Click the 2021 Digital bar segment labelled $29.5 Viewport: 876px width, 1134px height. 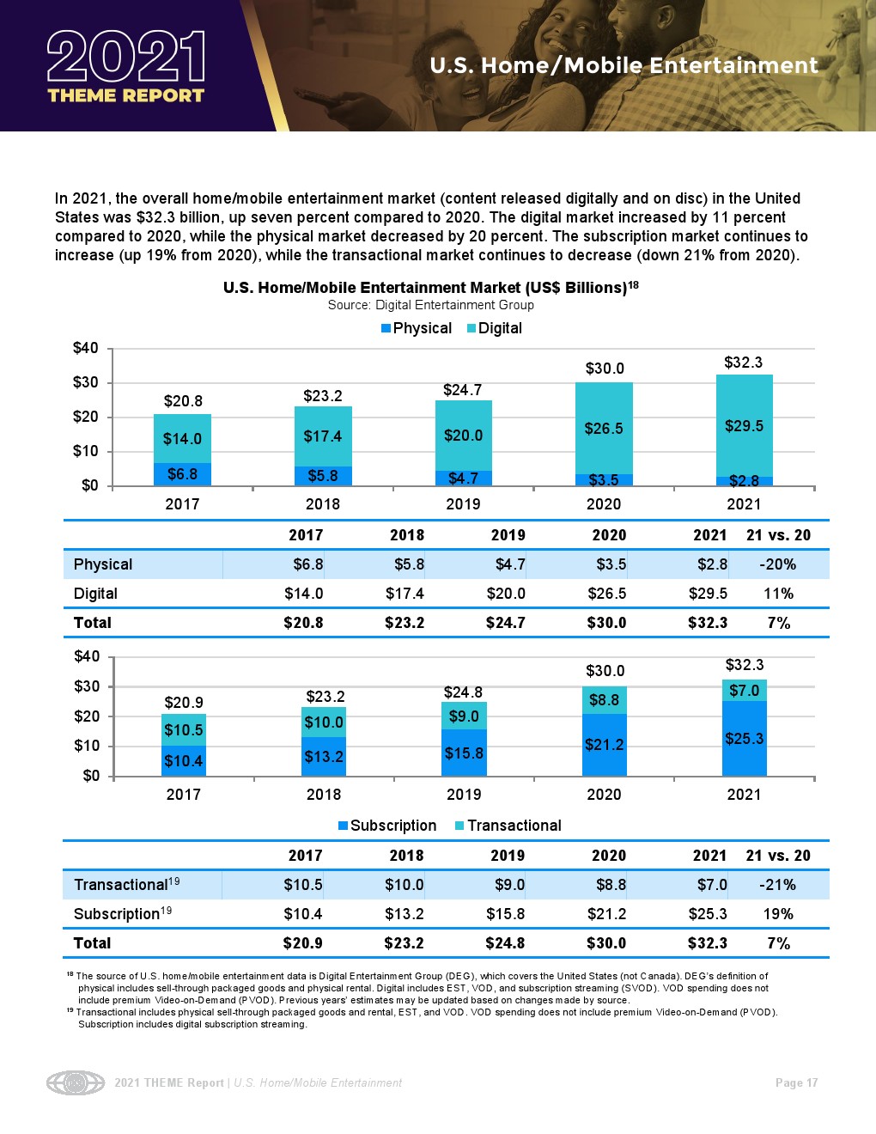pyautogui.click(x=744, y=426)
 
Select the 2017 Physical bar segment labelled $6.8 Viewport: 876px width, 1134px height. pyautogui.click(x=182, y=474)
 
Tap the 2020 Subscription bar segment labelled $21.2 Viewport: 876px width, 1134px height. pyautogui.click(x=604, y=745)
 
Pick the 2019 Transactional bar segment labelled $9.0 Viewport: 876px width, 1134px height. pyautogui.click(x=464, y=716)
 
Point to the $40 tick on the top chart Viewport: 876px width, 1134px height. pyautogui.click(x=85, y=348)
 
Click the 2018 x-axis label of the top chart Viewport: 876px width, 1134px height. pyautogui.click(x=323, y=504)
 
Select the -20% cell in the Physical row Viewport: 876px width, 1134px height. pyautogui.click(x=778, y=564)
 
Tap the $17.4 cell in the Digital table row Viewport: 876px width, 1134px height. pyautogui.click(x=405, y=594)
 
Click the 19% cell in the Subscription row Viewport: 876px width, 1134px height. pyautogui.click(x=778, y=914)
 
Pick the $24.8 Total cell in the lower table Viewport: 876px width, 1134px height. pyautogui.click(x=505, y=943)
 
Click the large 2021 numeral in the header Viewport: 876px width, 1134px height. pyautogui.click(x=126, y=57)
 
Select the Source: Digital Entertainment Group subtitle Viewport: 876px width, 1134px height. pyautogui.click(x=430, y=305)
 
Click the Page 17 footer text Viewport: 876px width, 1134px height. pyautogui.click(x=796, y=1083)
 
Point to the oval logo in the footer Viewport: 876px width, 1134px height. pyautogui.click(x=76, y=1083)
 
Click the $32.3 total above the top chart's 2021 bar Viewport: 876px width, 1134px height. pyautogui.click(x=743, y=363)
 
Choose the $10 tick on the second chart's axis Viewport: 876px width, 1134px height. pyautogui.click(x=90, y=746)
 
